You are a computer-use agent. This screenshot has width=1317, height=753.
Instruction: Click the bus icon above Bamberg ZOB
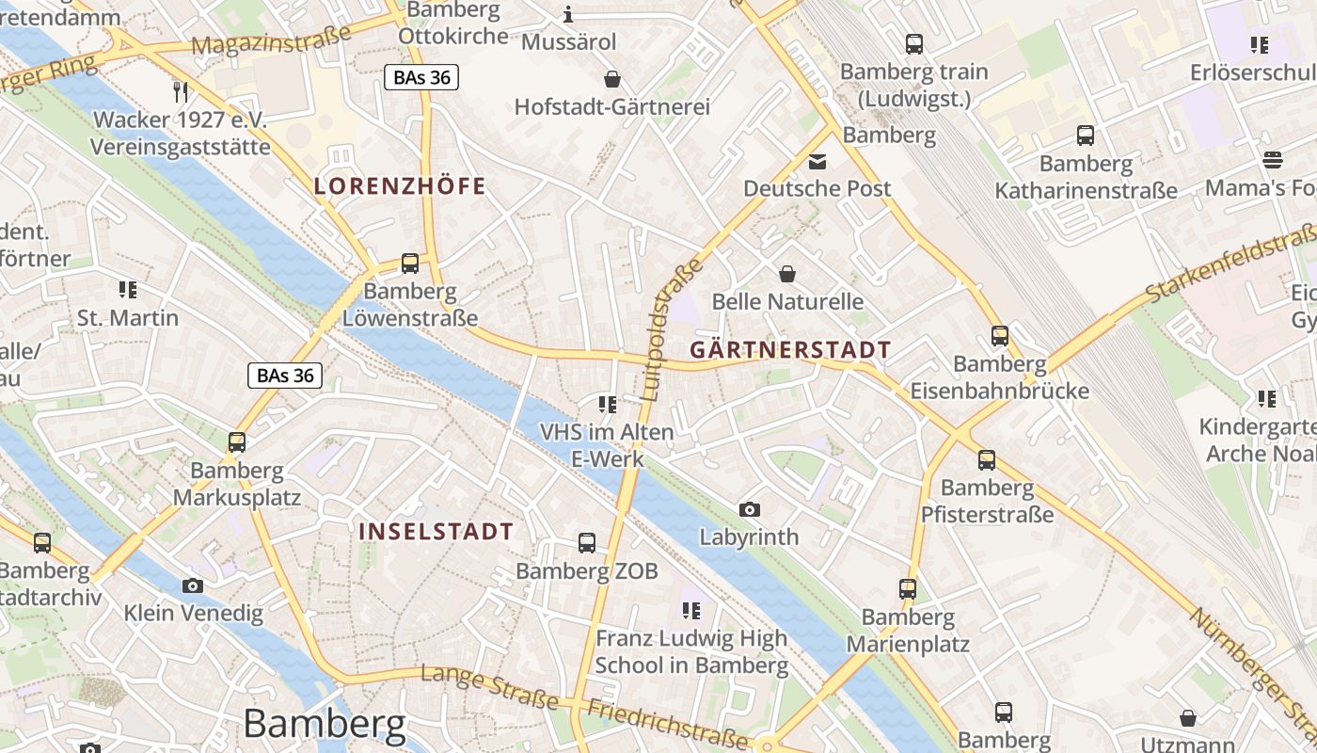[x=587, y=542]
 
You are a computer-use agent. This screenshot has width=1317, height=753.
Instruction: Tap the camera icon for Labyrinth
[x=750, y=509]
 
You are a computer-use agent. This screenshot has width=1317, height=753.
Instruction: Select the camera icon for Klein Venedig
[x=193, y=585]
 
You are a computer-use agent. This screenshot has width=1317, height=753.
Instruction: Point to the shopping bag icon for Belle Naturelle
[x=787, y=274]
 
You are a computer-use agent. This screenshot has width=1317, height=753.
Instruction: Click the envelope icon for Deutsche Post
[x=817, y=161]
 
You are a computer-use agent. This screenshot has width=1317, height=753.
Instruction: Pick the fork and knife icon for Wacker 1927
[x=181, y=91]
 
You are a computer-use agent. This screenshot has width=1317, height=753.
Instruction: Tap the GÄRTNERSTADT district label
[x=790, y=350]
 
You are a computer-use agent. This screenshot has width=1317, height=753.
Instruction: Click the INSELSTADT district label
[x=436, y=531]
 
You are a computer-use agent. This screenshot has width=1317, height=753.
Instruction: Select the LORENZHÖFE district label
[x=400, y=185]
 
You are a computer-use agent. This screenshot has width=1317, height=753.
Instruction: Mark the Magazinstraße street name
[x=271, y=40]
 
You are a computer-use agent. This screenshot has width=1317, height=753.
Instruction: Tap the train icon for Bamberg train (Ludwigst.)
[x=913, y=43]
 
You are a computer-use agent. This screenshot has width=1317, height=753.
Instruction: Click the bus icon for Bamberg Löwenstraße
[x=409, y=264]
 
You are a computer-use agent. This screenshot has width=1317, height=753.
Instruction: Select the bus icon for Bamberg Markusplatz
[x=237, y=442]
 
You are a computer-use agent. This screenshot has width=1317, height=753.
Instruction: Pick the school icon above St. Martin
[x=128, y=290]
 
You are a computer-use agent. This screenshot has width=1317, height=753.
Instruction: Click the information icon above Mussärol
[x=568, y=14]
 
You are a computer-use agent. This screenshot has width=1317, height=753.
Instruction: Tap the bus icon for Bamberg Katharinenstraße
[x=1086, y=136]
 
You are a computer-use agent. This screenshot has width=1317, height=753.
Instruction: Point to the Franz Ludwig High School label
[x=691, y=651]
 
